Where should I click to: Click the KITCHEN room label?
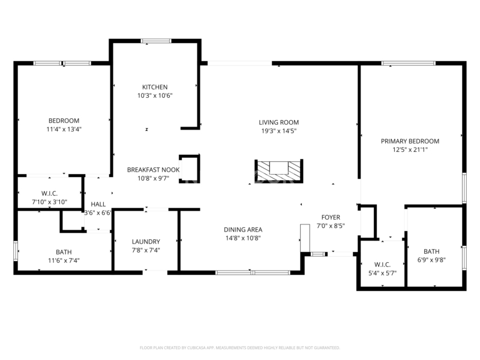click(x=155, y=87)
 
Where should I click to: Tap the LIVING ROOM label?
click(x=278, y=122)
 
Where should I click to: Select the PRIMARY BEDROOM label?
click(x=410, y=141)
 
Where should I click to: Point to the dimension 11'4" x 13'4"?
click(x=64, y=129)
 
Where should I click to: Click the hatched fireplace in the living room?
click(x=279, y=171)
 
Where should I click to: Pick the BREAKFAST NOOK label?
click(x=154, y=170)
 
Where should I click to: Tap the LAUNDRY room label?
click(x=146, y=242)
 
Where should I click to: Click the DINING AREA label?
click(x=243, y=230)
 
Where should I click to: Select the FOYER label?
click(x=331, y=217)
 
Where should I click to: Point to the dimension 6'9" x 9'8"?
click(x=431, y=260)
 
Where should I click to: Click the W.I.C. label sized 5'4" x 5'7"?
click(x=382, y=265)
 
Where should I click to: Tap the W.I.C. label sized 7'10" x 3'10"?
click(x=49, y=193)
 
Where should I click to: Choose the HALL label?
click(x=98, y=204)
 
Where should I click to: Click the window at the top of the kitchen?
click(x=156, y=41)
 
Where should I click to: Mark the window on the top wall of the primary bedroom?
click(x=409, y=64)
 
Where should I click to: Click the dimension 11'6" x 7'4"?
click(x=64, y=260)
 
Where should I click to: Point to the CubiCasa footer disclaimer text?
click(x=239, y=348)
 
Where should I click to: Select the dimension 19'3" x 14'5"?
click(x=278, y=131)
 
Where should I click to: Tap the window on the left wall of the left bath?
click(x=16, y=251)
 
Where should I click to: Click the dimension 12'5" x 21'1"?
click(x=410, y=149)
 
